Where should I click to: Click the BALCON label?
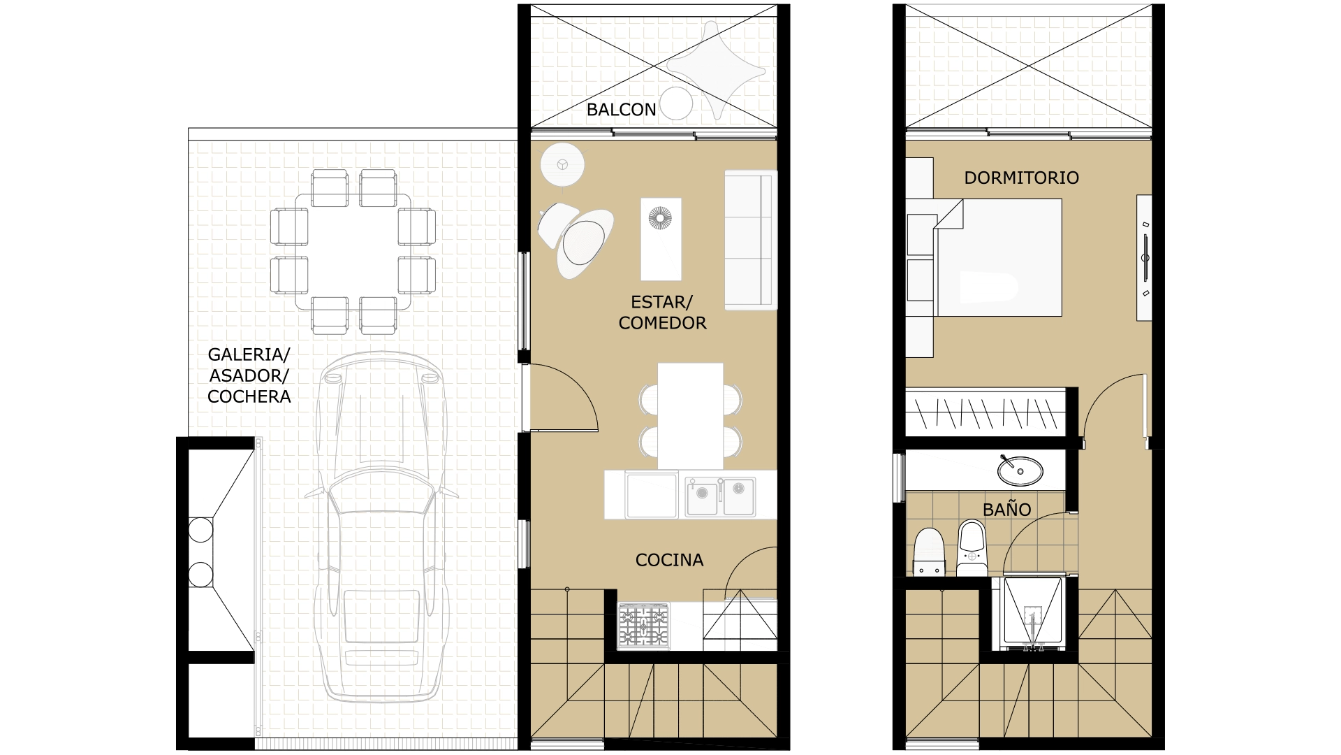[621, 110]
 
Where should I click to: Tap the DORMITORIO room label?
[1021, 178]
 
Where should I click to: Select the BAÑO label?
[1006, 509]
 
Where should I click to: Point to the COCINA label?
[669, 560]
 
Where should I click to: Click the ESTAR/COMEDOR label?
[662, 312]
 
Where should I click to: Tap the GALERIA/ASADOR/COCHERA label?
[249, 375]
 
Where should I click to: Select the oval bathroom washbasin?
[1020, 470]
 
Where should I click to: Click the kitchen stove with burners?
[643, 625]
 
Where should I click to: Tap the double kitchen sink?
[719, 496]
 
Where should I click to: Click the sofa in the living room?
[751, 239]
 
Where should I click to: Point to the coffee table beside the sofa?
[661, 239]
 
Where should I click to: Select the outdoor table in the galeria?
[353, 252]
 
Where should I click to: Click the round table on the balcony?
[675, 104]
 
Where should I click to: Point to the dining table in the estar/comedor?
[690, 416]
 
